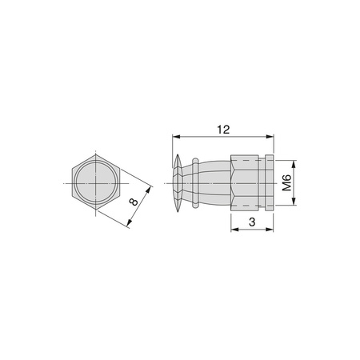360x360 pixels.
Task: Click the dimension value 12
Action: [223, 130]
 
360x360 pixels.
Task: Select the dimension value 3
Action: [252, 222]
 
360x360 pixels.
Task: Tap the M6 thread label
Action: [286, 183]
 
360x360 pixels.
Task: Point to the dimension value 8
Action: [134, 202]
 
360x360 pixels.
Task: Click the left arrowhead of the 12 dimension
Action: [176, 137]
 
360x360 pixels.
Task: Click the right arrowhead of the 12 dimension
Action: [270, 137]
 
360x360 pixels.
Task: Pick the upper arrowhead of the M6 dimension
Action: [294, 164]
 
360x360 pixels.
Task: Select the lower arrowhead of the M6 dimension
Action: [294, 202]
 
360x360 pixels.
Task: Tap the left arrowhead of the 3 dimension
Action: [234, 229]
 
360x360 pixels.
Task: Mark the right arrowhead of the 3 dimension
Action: [270, 229]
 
